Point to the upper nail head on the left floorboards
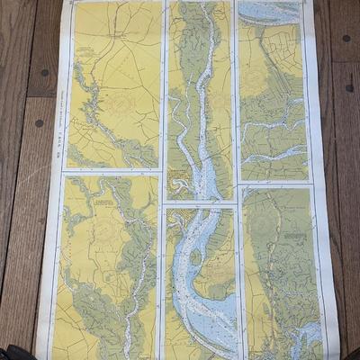(42, 74)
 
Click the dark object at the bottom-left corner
(13, 352)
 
